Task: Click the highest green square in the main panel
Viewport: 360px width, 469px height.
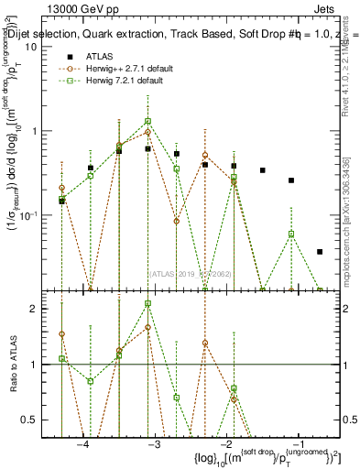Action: [x=147, y=121]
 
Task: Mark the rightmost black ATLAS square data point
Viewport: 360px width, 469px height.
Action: [x=320, y=251]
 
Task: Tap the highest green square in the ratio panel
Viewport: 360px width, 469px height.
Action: [x=147, y=304]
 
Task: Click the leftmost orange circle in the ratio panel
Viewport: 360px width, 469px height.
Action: [x=61, y=334]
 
